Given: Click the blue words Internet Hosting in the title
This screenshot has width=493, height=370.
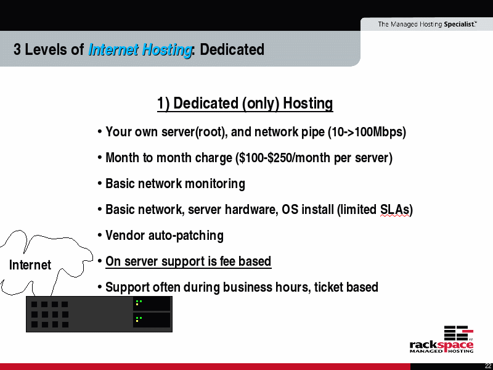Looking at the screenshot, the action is pos(141,50).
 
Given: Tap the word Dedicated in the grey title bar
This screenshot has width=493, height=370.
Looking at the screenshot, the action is pos(232,49).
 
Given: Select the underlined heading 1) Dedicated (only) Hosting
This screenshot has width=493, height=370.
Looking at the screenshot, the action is pos(245,104).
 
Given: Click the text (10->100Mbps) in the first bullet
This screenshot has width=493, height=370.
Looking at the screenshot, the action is pos(367,132).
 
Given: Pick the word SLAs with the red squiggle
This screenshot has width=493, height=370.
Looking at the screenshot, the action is pos(394,210).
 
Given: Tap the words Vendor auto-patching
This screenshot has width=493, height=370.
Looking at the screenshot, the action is pos(165,236).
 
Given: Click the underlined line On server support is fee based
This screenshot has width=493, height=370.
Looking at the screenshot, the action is pos(189,261).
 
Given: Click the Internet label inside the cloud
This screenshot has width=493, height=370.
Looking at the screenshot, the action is pos(30,265).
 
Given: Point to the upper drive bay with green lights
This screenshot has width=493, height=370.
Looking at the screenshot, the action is pos(152,303).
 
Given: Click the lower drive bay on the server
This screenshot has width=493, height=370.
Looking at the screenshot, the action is pos(152,320).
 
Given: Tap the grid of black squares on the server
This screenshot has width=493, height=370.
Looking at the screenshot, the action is pos(50,314).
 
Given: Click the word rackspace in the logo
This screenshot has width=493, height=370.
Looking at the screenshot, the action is pos(441,345).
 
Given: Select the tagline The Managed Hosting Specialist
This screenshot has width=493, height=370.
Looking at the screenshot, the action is pos(427,24).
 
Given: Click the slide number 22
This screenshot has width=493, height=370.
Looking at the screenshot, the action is pos(488,366).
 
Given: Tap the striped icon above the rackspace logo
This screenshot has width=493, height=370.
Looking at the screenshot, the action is pos(458,333).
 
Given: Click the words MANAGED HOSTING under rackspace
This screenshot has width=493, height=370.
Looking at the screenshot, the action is pos(441,351).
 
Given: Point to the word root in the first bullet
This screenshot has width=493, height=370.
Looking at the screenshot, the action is pos(210,132).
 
